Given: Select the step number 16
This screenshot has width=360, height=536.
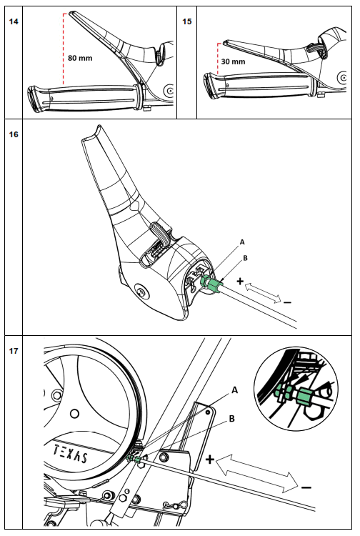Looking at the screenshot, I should pyautogui.click(x=14, y=133).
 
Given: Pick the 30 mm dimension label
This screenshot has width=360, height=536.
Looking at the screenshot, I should pyautogui.click(x=233, y=62).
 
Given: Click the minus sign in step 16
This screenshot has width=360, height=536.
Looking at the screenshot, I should pyautogui.click(x=286, y=302).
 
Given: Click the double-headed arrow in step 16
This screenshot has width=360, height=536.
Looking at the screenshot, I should pyautogui.click(x=263, y=293).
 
